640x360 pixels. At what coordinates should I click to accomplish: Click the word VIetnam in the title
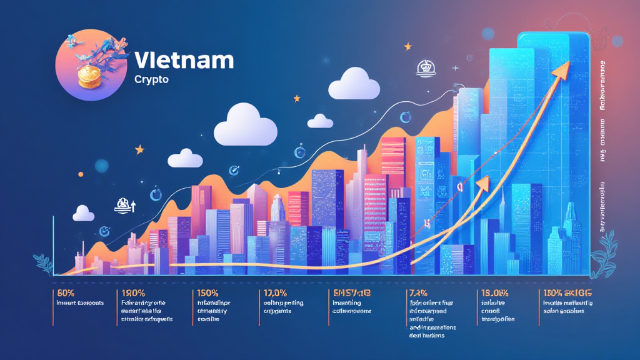(184, 61)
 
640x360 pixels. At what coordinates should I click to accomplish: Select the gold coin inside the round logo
(88, 76)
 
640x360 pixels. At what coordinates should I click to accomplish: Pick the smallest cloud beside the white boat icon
(83, 214)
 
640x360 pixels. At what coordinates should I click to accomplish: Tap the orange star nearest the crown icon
(408, 46)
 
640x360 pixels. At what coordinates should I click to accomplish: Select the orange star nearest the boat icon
(139, 149)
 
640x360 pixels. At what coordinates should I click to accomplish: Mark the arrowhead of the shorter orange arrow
(483, 183)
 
